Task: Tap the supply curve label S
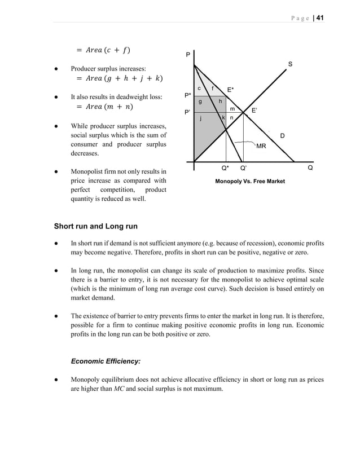click(x=290, y=64)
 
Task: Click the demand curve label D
click(x=282, y=136)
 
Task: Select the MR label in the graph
click(x=261, y=146)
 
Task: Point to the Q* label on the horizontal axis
click(x=225, y=168)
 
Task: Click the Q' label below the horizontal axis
click(x=243, y=168)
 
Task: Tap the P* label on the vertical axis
click(x=188, y=96)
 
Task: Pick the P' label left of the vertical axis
click(x=187, y=113)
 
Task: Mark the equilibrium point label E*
click(x=231, y=90)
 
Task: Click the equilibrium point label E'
click(x=254, y=111)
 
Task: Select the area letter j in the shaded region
click(x=200, y=118)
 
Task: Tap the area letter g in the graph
click(x=200, y=102)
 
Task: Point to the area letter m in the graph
click(x=232, y=108)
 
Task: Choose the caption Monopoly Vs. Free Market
click(x=250, y=181)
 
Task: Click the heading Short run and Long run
click(x=95, y=227)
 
